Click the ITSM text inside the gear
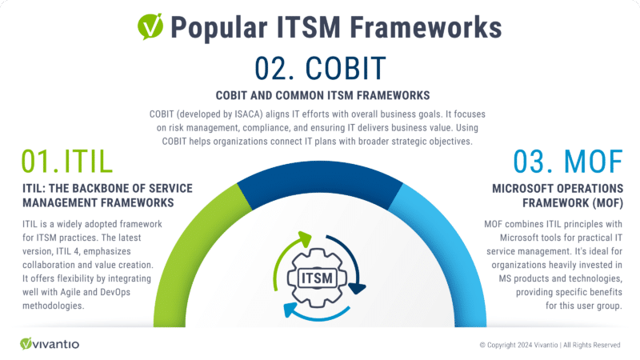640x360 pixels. point(320,277)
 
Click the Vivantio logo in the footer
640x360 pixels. point(50,343)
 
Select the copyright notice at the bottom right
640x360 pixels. point(550,345)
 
